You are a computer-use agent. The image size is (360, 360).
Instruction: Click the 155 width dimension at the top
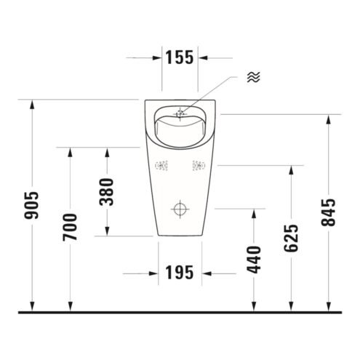(x=180, y=57)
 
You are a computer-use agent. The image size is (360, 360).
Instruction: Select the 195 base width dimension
(x=180, y=272)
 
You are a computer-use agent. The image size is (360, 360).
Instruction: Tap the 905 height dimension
(x=31, y=206)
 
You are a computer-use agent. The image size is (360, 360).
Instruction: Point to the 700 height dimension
(x=70, y=227)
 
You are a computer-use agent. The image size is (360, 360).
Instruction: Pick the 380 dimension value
(x=107, y=192)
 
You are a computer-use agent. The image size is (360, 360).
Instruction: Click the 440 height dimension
(x=254, y=260)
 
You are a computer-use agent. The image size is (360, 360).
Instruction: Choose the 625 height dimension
(x=291, y=239)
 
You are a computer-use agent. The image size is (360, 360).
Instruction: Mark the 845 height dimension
(x=329, y=212)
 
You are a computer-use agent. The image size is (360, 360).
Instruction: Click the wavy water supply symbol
(x=254, y=77)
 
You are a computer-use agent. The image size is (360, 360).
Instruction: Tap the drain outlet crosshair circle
(x=180, y=209)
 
